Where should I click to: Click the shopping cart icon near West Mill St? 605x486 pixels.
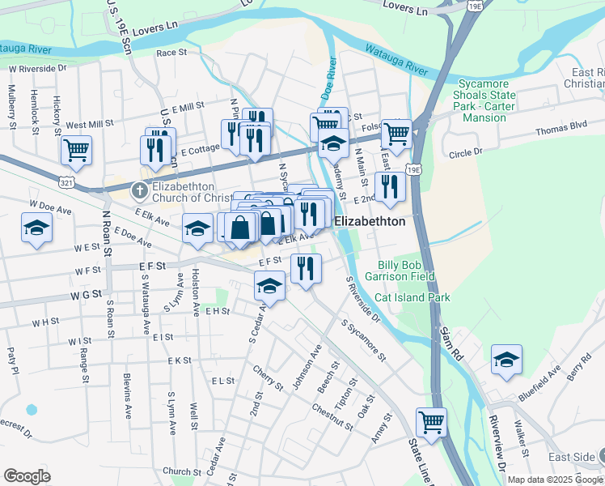pyautogui.click(x=76, y=149)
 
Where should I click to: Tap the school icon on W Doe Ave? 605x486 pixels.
pyautogui.click(x=36, y=228)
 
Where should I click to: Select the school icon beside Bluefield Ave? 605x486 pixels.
pyautogui.click(x=506, y=359)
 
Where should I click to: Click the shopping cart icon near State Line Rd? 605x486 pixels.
pyautogui.click(x=431, y=421)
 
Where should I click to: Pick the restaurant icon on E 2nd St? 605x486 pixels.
pyautogui.click(x=391, y=186)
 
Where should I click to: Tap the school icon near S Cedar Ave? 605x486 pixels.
pyautogui.click(x=270, y=285)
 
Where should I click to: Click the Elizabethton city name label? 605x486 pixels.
pyautogui.click(x=370, y=220)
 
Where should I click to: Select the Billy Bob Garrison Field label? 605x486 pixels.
pyautogui.click(x=406, y=271)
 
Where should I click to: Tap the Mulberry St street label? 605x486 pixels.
pyautogui.click(x=12, y=110)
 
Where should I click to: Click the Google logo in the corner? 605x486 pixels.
pyautogui.click(x=27, y=475)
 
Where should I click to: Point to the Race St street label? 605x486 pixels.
pyautogui.click(x=171, y=53)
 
